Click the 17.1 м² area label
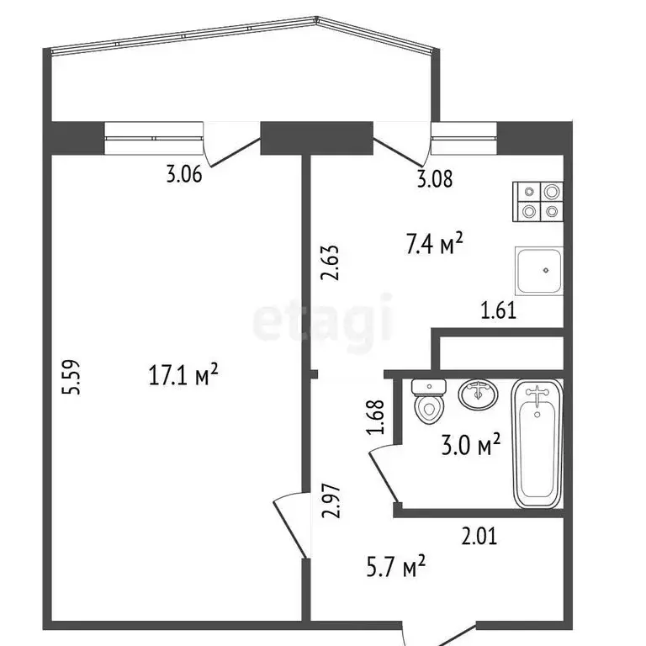point(183,375)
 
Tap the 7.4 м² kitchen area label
point(435,246)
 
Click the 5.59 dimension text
point(74,379)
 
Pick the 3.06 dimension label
point(184,176)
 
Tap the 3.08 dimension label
point(435,178)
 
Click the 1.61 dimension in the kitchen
point(498,311)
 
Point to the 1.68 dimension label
point(376,416)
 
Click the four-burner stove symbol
point(539,202)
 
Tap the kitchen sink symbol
point(538,271)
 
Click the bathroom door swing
point(383,475)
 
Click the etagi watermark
point(323,319)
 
